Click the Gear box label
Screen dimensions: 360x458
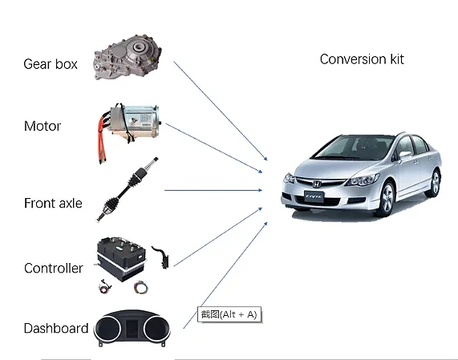tap(51, 64)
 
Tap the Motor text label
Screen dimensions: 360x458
tap(43, 127)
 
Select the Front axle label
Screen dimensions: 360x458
tap(53, 204)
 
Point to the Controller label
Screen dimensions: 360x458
tap(53, 269)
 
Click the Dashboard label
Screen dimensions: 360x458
tap(55, 329)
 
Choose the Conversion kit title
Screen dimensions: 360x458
tap(362, 59)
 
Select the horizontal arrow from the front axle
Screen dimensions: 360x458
tap(213, 190)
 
